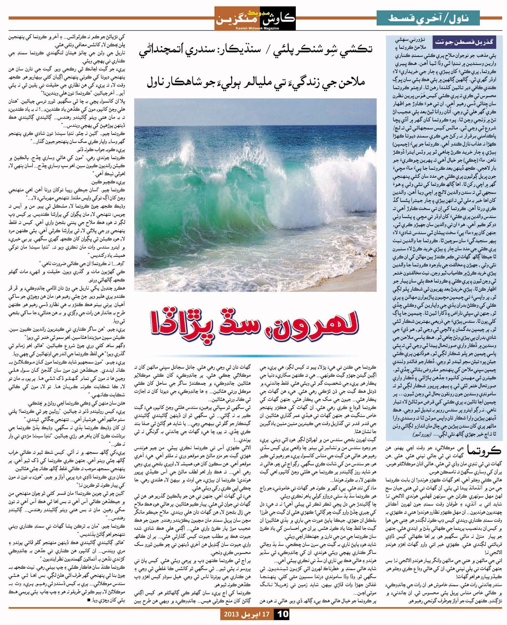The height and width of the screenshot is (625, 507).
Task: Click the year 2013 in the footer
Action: tap(231, 614)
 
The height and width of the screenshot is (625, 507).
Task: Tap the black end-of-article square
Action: tap(89, 600)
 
